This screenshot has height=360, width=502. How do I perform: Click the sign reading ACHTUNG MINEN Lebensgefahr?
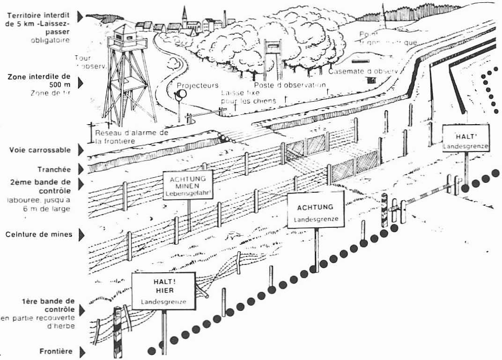coord(188,185)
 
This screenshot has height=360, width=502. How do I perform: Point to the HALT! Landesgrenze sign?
coord(466,138)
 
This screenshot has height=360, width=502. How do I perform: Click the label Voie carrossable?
coord(40,150)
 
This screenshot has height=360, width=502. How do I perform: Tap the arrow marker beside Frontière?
coord(83,352)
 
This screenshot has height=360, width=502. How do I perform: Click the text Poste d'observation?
coord(290,85)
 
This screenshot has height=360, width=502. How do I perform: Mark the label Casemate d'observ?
coord(363,71)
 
